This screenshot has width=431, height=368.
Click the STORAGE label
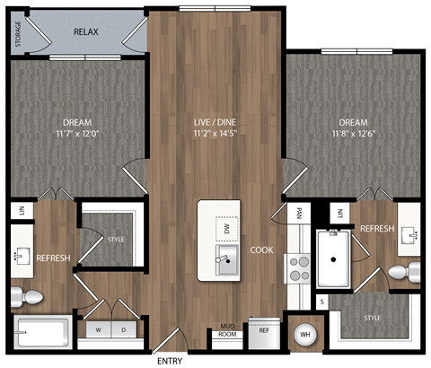pyautogui.click(x=19, y=34)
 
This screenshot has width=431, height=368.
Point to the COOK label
pyautogui.click(x=261, y=250)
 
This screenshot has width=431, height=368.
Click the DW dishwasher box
pyautogui.click(x=227, y=229)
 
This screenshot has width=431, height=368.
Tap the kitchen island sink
pyautogui.click(x=226, y=263)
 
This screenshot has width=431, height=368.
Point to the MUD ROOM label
pyautogui.click(x=227, y=332)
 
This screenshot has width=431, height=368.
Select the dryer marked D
pyautogui.click(x=123, y=329)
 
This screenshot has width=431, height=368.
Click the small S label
pyautogui.click(x=322, y=302)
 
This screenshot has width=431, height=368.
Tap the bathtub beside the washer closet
pyautogui.click(x=40, y=332)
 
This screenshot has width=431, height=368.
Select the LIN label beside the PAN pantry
pyautogui.click(x=340, y=212)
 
